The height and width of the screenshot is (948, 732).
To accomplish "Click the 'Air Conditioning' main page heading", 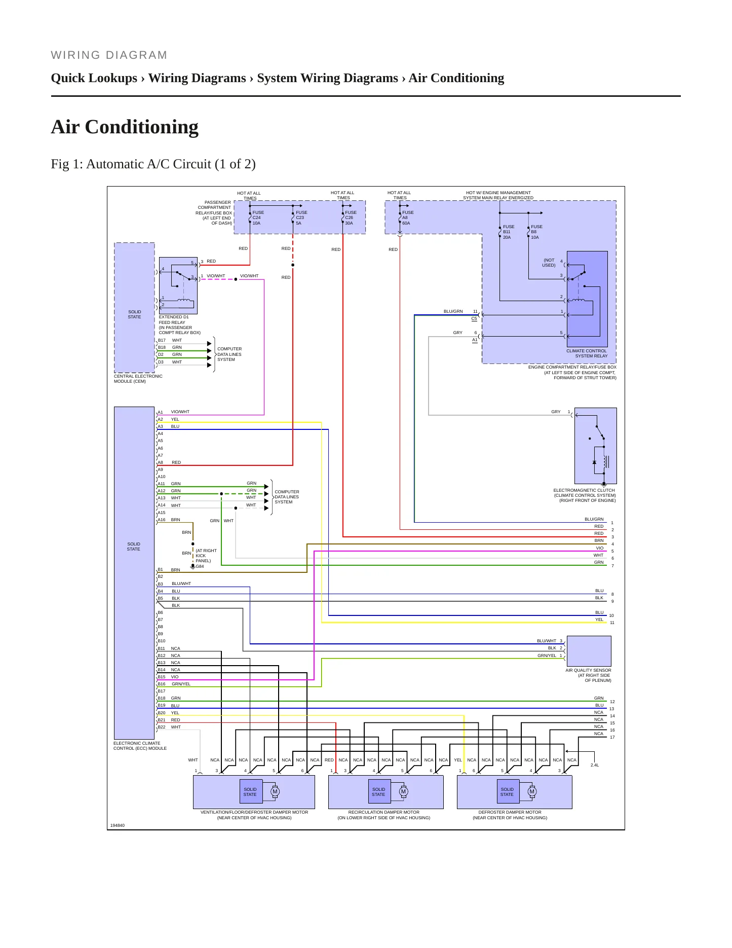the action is (125, 127).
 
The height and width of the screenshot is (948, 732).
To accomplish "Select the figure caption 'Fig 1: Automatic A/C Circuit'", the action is (131, 164).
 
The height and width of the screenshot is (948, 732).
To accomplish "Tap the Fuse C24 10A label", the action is (258, 218).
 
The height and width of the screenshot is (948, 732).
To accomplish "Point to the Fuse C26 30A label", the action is (351, 218).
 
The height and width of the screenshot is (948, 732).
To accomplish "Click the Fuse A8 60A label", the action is (408, 218).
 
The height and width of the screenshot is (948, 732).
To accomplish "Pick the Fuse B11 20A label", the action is (508, 232).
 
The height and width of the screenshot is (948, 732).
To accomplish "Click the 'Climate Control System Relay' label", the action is (587, 353).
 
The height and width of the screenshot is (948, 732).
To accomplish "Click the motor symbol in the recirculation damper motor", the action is (403, 791).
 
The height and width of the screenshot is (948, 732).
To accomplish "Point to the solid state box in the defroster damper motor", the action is (507, 791).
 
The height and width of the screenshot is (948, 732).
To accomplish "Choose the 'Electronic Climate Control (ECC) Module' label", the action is (140, 746).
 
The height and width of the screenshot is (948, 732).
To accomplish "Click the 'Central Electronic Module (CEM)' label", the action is (138, 379).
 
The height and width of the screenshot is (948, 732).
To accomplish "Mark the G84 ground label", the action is (200, 566).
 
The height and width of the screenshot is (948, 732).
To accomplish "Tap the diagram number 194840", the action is (118, 825).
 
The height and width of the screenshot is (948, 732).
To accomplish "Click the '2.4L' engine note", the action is (595, 765).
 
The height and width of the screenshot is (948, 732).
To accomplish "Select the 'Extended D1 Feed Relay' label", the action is (179, 325).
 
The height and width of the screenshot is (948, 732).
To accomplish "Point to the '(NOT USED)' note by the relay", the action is (549, 263).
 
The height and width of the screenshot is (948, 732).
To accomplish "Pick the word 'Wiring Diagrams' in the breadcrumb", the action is (197, 78).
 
